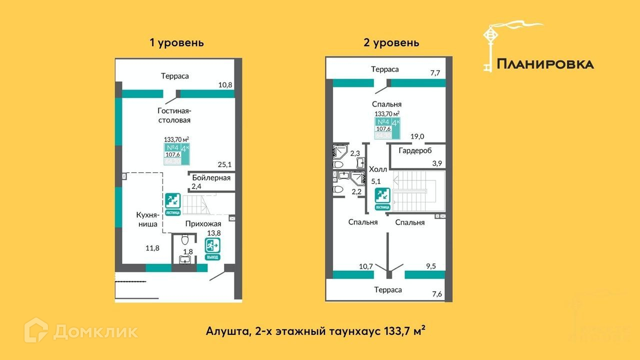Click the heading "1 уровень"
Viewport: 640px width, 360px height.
[x=177, y=42]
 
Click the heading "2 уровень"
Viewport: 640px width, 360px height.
[x=391, y=42]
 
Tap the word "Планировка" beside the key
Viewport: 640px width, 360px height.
[x=545, y=64]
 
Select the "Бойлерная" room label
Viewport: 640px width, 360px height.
[x=211, y=177]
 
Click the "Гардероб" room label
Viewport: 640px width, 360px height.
[x=415, y=150]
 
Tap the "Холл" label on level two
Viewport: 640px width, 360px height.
[x=377, y=169]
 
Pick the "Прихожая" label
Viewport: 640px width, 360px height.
[x=203, y=223]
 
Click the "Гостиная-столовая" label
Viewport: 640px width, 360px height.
[x=174, y=115]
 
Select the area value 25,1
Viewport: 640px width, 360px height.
[x=225, y=163]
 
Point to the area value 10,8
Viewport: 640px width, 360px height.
[x=226, y=85]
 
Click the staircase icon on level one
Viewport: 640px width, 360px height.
[x=172, y=202]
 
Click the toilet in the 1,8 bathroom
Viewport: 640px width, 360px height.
[x=185, y=239]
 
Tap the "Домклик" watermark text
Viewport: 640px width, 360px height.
[x=95, y=331]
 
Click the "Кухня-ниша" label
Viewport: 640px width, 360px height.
[x=147, y=219]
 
